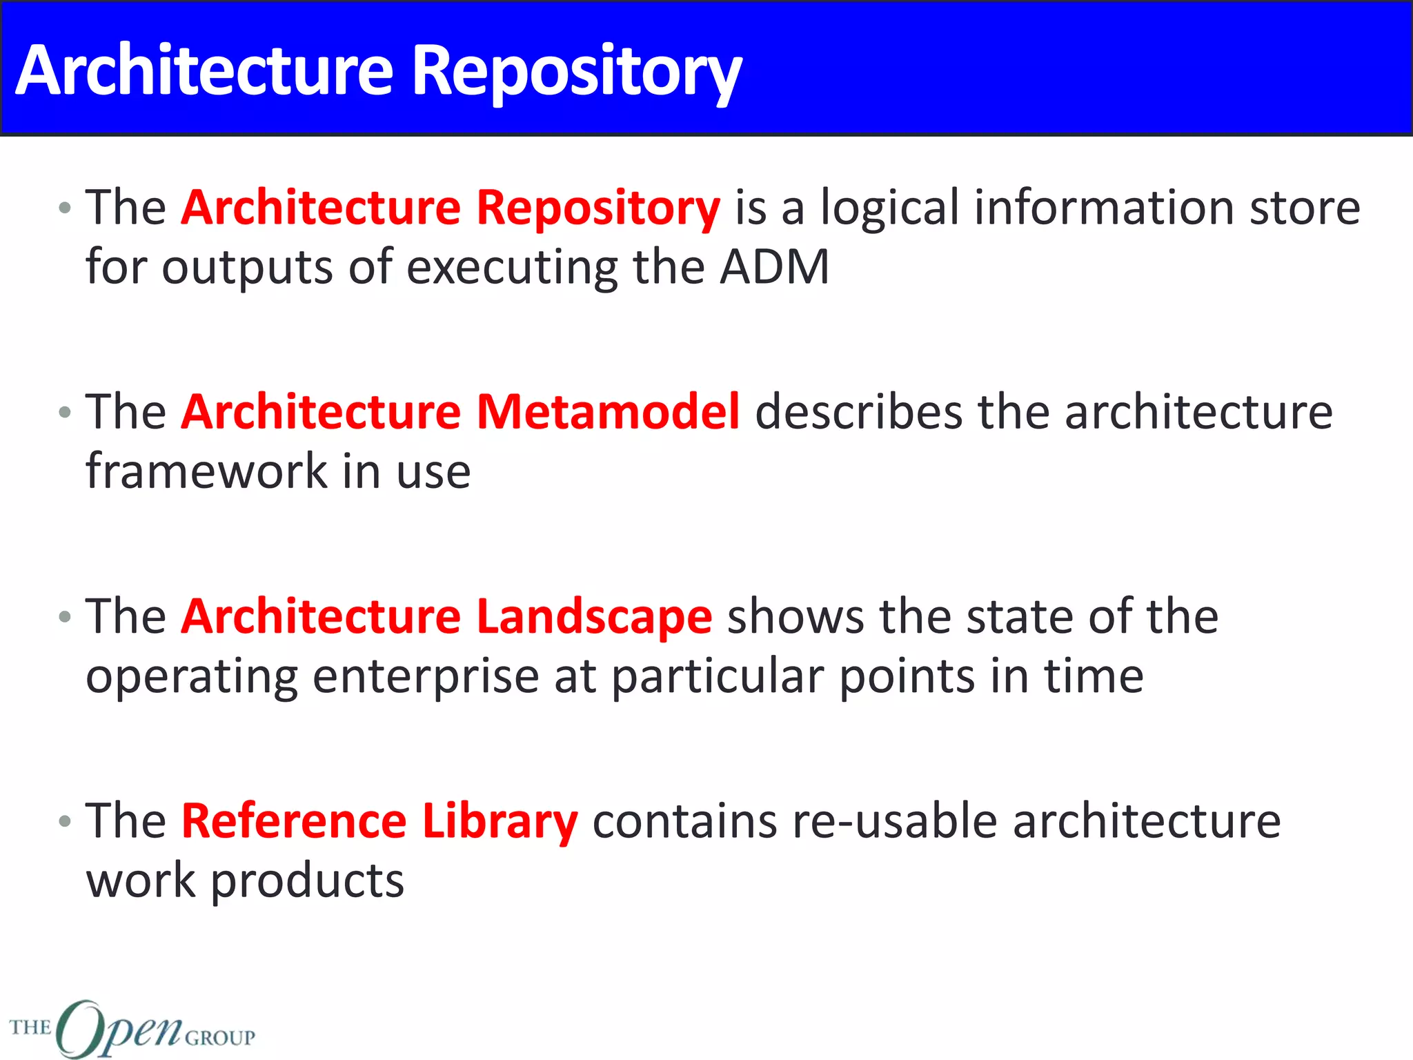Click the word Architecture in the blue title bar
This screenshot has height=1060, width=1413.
(x=204, y=70)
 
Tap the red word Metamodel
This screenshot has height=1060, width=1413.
(x=608, y=412)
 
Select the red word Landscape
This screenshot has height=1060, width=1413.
(x=594, y=617)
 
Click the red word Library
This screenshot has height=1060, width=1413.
(x=500, y=822)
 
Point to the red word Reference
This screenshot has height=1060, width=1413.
(x=294, y=821)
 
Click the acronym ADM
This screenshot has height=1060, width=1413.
(x=774, y=267)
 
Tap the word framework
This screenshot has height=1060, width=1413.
(x=206, y=471)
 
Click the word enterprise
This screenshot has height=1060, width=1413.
(x=426, y=676)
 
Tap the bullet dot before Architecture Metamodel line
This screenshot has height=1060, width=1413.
(x=65, y=413)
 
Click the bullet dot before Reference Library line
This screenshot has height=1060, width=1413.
(x=65, y=821)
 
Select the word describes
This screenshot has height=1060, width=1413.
(x=858, y=412)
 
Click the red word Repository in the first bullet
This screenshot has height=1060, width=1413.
(x=598, y=208)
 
